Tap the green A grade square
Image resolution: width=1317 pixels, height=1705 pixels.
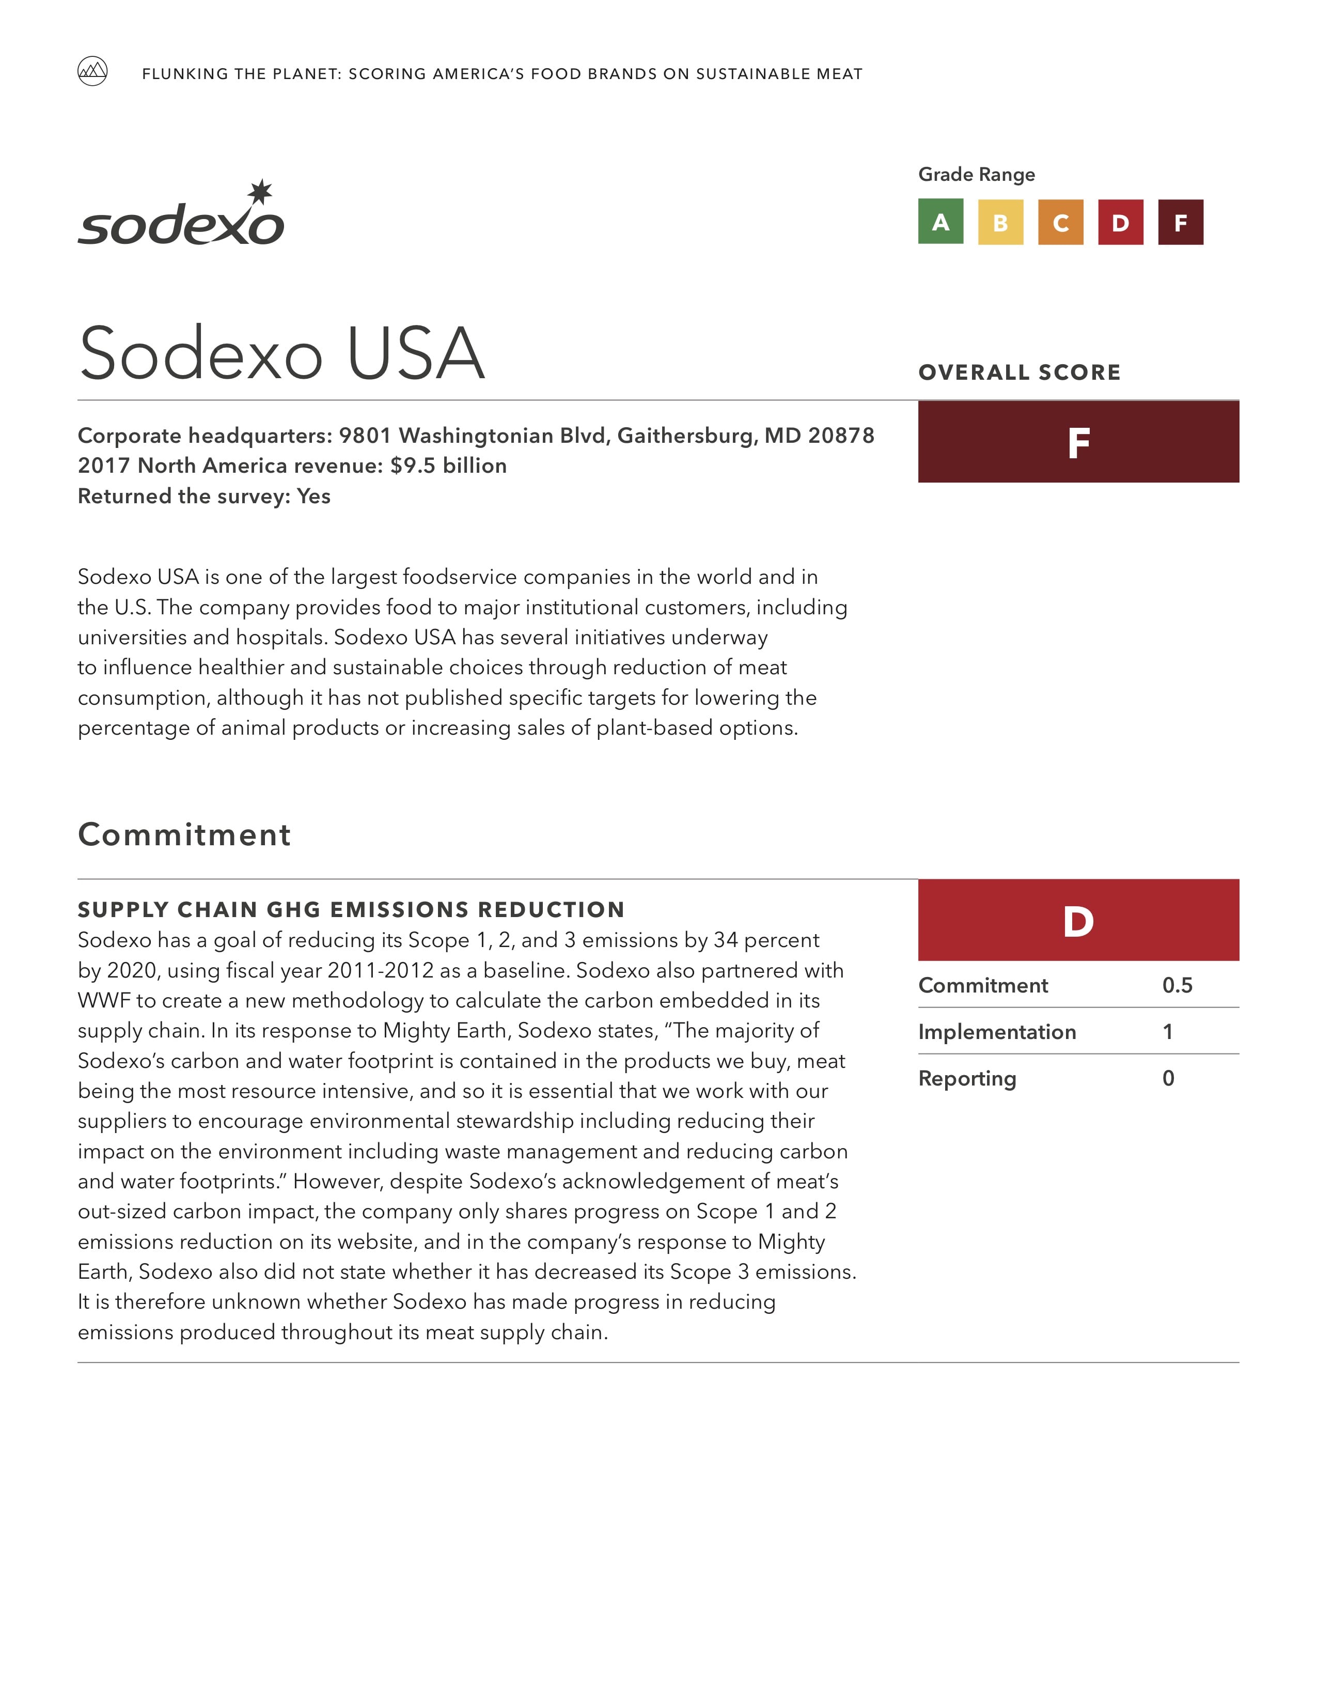pos(940,223)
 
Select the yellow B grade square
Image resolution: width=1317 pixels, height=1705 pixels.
pos(1000,223)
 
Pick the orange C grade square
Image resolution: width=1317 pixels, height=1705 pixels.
pos(1060,223)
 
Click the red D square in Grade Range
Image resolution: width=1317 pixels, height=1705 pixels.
pos(1120,223)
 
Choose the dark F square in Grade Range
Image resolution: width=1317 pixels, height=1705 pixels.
pos(1181,223)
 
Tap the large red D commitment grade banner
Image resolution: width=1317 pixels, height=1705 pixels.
pos(1078,920)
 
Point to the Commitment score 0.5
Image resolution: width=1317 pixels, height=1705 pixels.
pos(1177,985)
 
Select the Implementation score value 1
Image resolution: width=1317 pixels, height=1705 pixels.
pos(1168,1032)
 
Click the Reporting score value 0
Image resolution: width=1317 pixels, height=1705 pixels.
pos(1168,1079)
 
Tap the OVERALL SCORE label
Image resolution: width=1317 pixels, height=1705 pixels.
pos(1019,373)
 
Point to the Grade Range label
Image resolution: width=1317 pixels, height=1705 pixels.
pos(976,174)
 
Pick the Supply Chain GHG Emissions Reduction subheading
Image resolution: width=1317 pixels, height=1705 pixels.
pos(351,909)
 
